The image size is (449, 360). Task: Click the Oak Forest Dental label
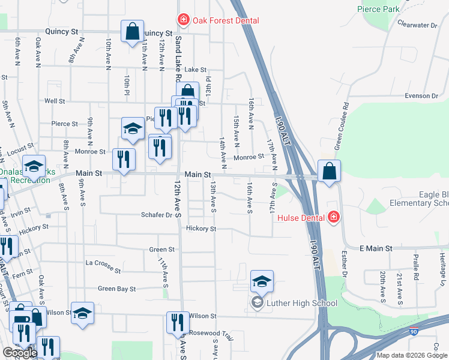(x=226, y=21)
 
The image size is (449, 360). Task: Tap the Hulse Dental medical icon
(x=333, y=217)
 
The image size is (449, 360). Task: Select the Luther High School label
(x=294, y=303)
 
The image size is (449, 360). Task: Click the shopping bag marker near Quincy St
(x=132, y=31)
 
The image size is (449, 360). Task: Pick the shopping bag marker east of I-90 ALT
(x=329, y=172)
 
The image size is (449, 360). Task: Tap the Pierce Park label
(x=378, y=10)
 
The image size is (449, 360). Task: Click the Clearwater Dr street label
(x=418, y=25)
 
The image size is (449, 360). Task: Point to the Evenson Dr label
(x=421, y=96)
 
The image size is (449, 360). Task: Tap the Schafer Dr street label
(x=156, y=215)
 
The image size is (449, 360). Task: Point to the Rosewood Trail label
(x=210, y=333)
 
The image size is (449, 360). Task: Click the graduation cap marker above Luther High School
(x=262, y=281)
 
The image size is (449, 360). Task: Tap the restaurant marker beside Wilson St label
(x=177, y=322)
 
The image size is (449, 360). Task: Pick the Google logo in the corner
(x=19, y=353)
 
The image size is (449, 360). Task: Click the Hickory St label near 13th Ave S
(x=200, y=229)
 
